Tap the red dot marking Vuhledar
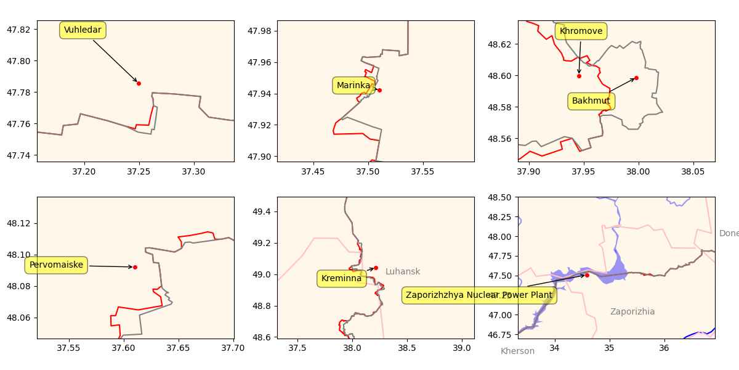pyautogui.click(x=139, y=83)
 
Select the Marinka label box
pyautogui.click(x=353, y=86)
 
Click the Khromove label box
pyautogui.click(x=581, y=31)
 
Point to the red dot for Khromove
pyautogui.click(x=579, y=76)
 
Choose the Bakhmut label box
pyautogui.click(x=591, y=101)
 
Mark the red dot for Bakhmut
pyautogui.click(x=636, y=78)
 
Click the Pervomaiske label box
pyautogui.click(x=56, y=265)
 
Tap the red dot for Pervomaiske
pyautogui.click(x=135, y=267)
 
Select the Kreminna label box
pyautogui.click(x=341, y=279)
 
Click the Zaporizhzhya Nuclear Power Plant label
pyautogui.click(x=479, y=295)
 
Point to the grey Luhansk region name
pyautogui.click(x=403, y=272)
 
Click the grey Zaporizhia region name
pyautogui.click(x=632, y=312)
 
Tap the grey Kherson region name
pyautogui.click(x=517, y=351)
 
